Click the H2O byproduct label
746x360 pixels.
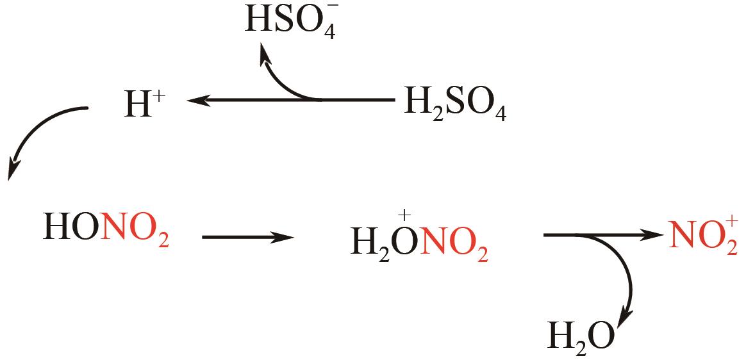tap(581, 336)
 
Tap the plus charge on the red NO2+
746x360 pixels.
tap(731, 222)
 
